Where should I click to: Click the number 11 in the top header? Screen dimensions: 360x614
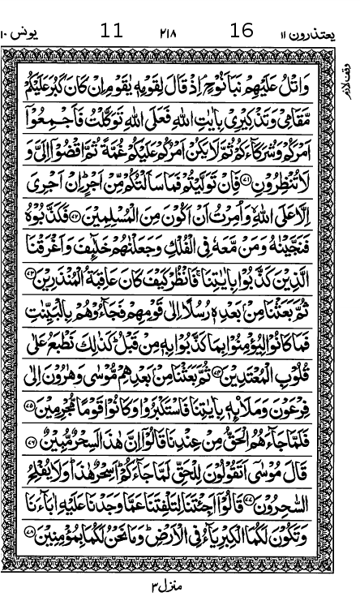pos(111,31)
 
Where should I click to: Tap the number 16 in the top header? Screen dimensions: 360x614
pos(242,31)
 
